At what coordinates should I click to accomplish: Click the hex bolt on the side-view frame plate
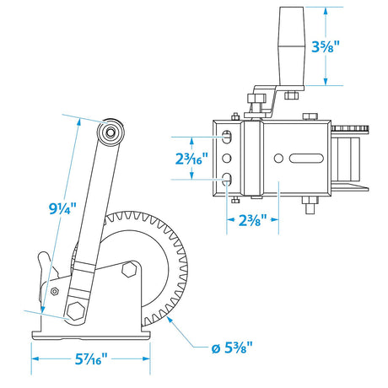[129, 270]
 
